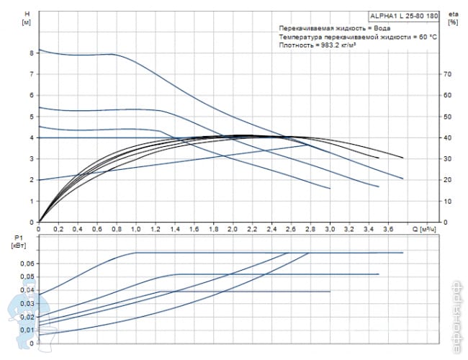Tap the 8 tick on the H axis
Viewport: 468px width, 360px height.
32,53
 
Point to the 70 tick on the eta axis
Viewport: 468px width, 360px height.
447,74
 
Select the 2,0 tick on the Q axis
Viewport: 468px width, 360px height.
232,229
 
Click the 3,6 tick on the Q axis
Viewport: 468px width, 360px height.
387,229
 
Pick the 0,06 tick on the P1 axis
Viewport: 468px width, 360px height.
26,264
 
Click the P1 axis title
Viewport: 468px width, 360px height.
19,237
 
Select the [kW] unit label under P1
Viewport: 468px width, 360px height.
22,245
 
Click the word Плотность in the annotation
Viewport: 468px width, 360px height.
295,45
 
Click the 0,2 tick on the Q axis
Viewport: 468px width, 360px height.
58,229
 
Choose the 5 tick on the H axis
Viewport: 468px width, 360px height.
32,116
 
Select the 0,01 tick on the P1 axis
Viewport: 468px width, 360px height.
26,330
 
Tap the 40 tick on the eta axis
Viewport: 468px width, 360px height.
447,138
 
